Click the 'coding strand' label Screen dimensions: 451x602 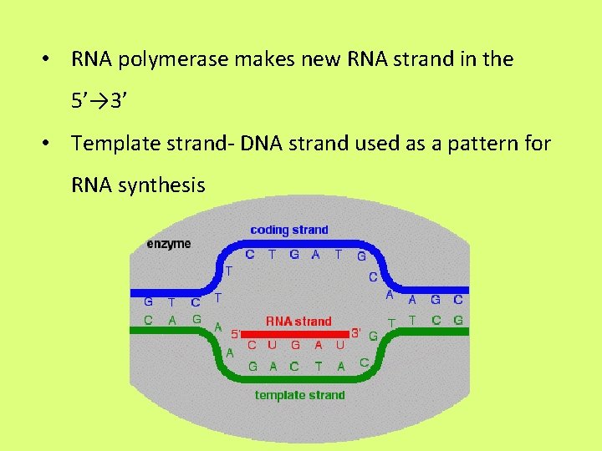[289, 230]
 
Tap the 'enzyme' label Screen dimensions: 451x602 [168, 244]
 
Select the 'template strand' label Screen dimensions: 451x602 [299, 395]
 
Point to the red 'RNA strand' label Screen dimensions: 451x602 [298, 321]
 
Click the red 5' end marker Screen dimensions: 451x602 [236, 332]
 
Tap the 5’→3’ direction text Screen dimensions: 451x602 [99, 102]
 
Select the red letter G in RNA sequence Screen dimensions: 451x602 [295, 345]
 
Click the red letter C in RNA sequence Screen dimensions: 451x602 [252, 345]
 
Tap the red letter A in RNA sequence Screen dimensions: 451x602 [318, 345]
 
